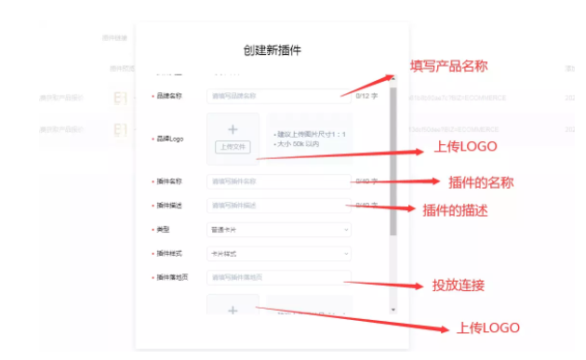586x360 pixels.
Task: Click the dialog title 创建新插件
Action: click(272, 50)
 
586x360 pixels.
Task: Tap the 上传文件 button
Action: click(232, 147)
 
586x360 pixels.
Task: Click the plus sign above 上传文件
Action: click(232, 129)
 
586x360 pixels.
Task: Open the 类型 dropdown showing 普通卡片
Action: click(278, 229)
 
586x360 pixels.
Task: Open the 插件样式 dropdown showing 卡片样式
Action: click(278, 253)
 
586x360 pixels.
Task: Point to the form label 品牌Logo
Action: click(171, 139)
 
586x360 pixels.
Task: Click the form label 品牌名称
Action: click(170, 96)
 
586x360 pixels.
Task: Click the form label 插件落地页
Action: click(173, 277)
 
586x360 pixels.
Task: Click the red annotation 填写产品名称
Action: click(448, 66)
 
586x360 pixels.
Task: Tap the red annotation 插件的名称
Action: click(480, 182)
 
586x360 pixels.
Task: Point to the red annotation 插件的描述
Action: click(455, 210)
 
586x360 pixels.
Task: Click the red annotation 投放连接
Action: click(459, 285)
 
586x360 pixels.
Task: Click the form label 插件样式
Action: click(170, 253)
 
